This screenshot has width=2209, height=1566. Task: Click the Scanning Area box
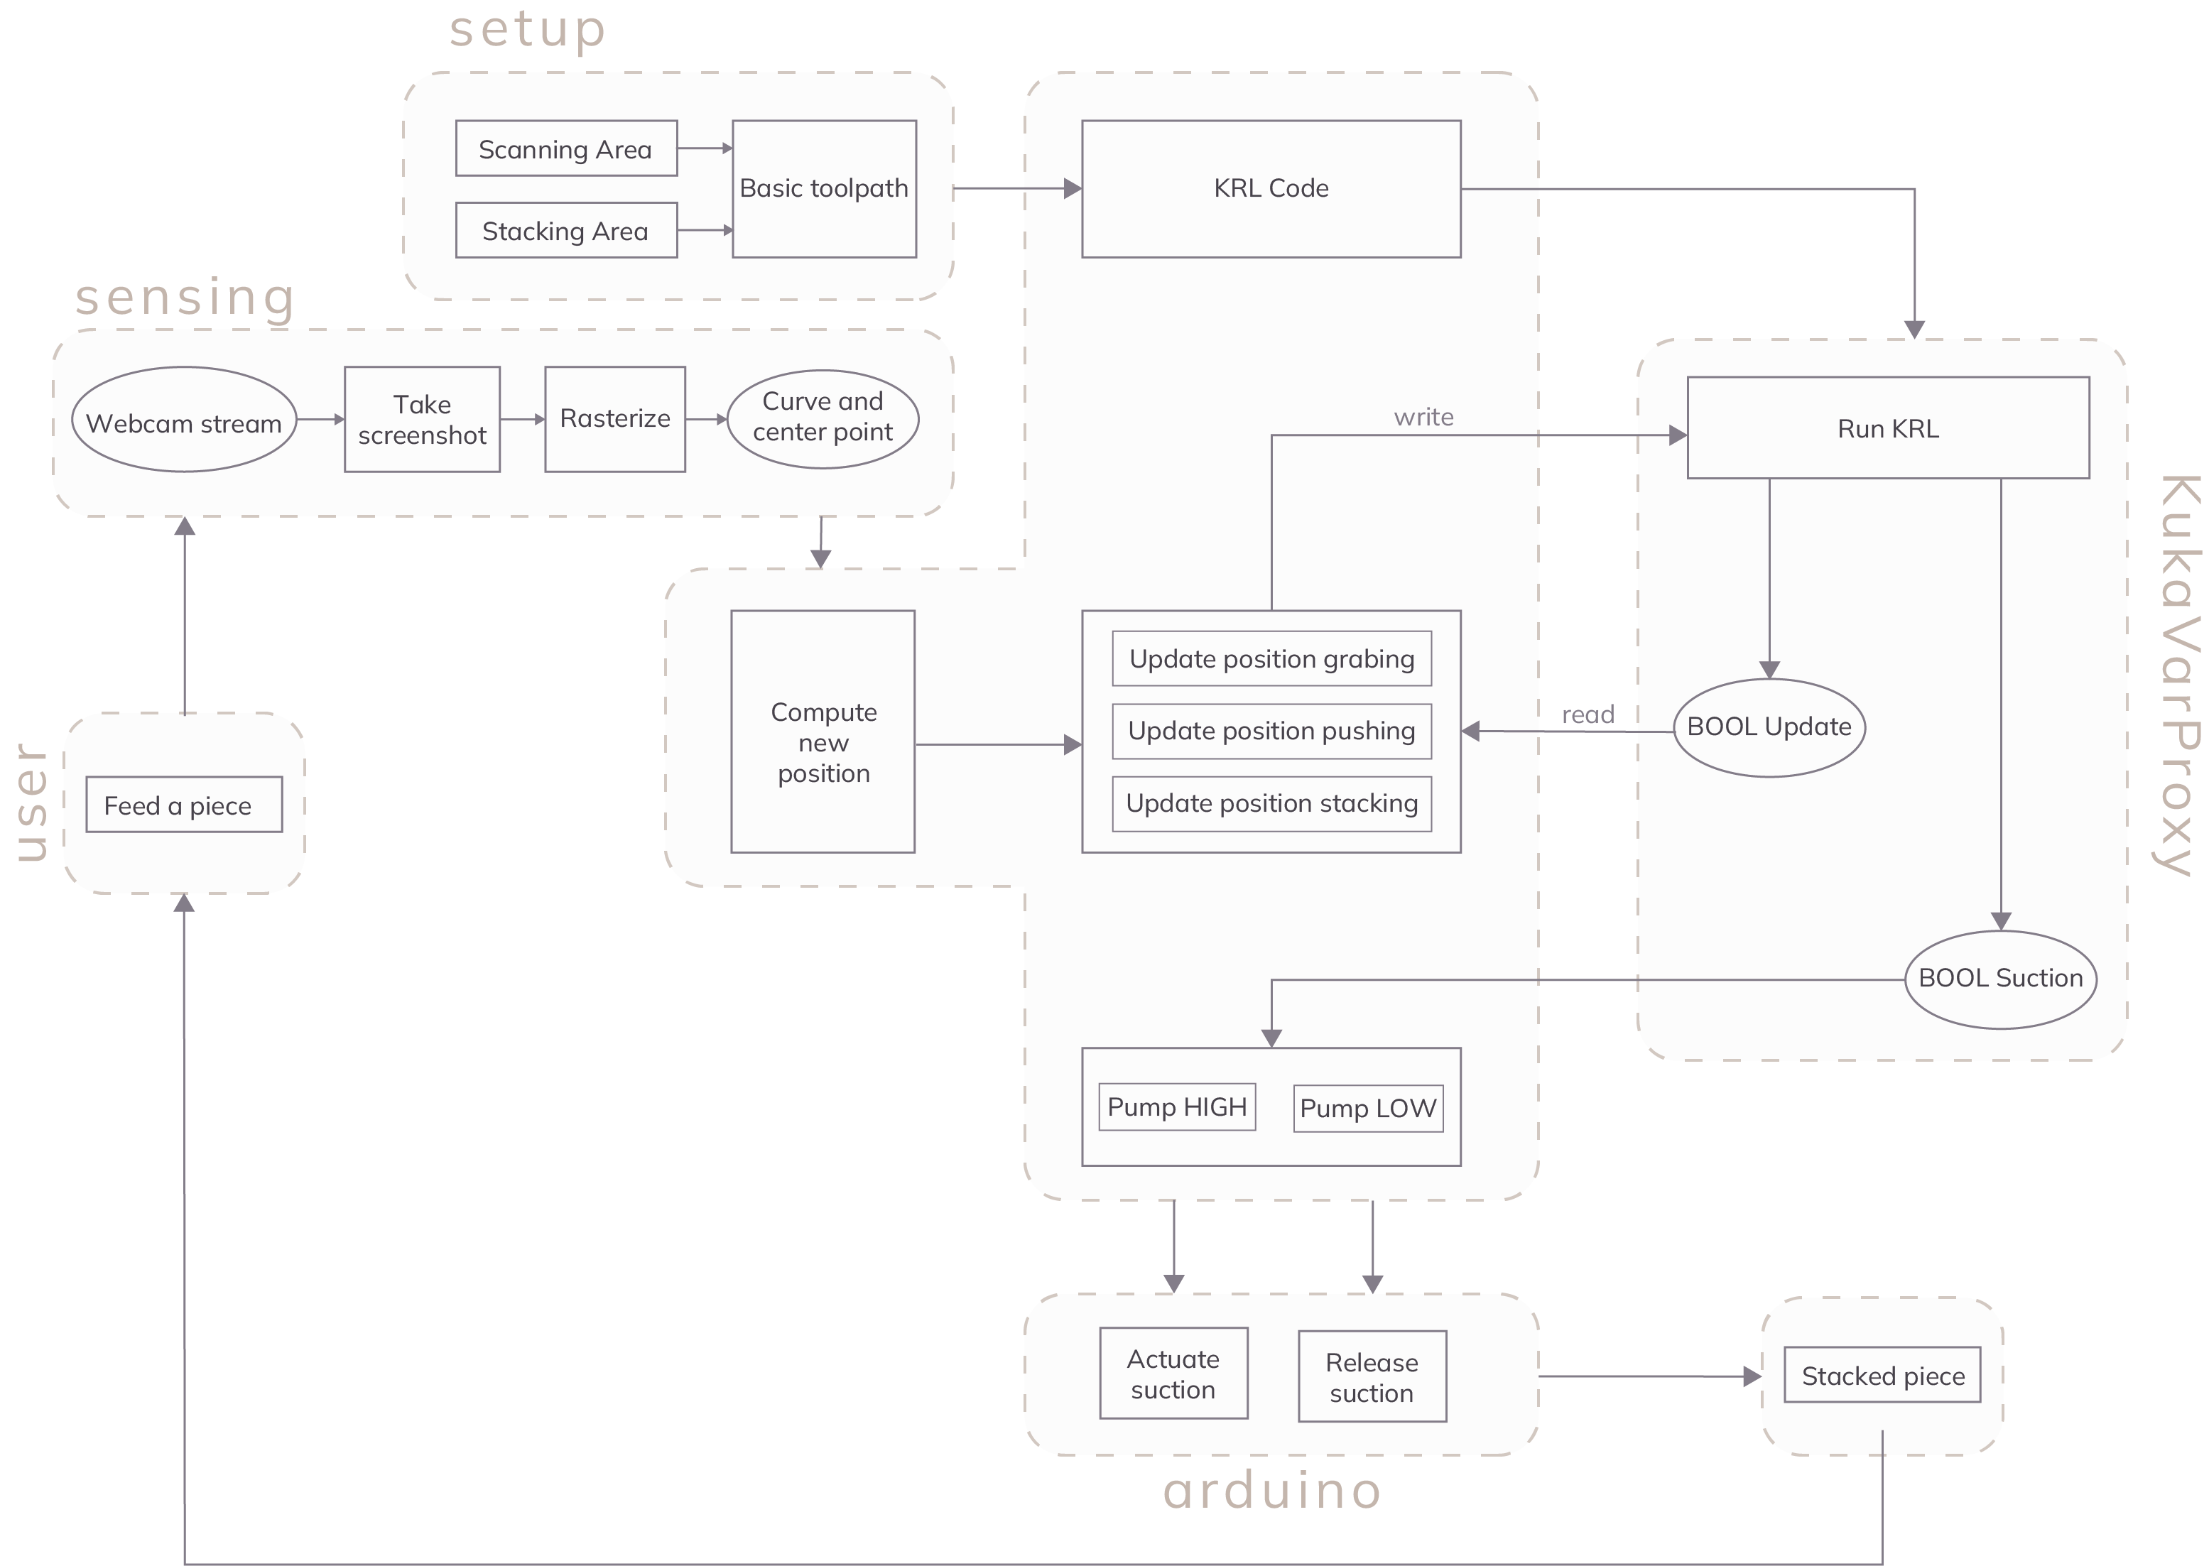[566, 148]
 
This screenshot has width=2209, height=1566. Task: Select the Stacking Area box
[566, 231]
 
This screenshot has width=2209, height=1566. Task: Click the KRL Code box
[1270, 189]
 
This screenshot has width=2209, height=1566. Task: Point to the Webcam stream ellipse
[183, 420]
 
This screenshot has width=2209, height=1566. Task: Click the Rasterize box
[614, 420]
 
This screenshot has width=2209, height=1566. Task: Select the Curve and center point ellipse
[822, 420]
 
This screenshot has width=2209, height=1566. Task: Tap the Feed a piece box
[183, 805]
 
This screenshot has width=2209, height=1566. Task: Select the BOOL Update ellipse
[1769, 728]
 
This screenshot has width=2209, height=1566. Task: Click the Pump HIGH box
[1176, 1107]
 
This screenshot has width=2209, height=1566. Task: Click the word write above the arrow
[1423, 418]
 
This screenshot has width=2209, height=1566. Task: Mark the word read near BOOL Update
[1587, 715]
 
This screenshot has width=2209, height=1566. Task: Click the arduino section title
[1272, 1491]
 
